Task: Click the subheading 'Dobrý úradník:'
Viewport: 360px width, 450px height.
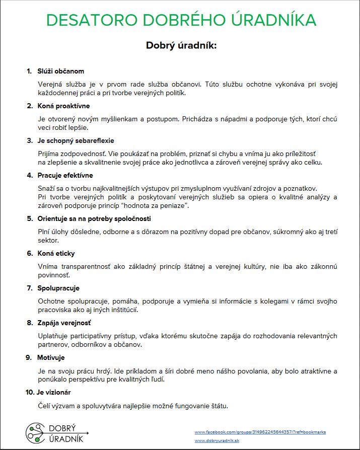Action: [x=181, y=45]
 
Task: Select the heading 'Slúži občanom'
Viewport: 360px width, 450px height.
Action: [x=61, y=71]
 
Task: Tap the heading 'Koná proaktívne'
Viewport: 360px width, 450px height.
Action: [x=63, y=106]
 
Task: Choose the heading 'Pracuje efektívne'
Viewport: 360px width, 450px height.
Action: [x=65, y=175]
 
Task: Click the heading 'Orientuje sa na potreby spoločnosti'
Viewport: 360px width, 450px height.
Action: [x=94, y=218]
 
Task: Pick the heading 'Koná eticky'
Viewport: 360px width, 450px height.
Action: [x=56, y=253]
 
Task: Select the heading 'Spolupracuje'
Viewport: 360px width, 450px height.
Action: [x=58, y=288]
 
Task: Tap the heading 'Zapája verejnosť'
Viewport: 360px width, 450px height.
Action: [x=64, y=323]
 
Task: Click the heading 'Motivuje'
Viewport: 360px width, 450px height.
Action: [x=51, y=357]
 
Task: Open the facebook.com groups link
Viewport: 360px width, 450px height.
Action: [x=260, y=432]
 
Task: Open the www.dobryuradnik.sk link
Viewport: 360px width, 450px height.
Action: [x=217, y=440]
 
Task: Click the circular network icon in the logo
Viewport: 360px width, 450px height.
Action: [x=35, y=432]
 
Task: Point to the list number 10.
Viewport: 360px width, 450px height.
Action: [x=29, y=392]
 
